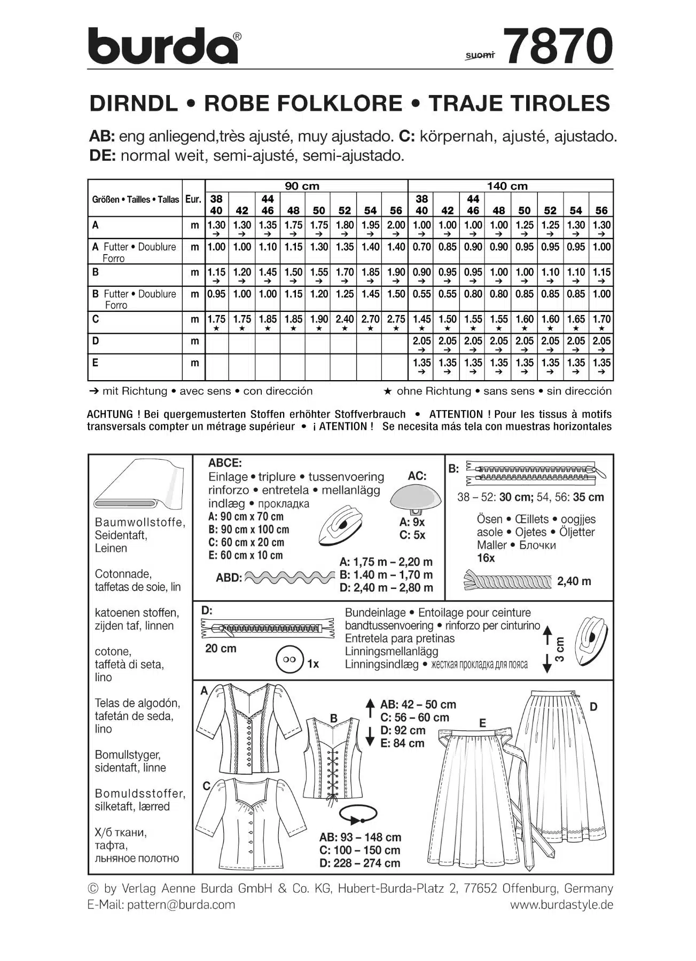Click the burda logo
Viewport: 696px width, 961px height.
click(x=163, y=46)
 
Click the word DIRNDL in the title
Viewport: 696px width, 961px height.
click(x=134, y=103)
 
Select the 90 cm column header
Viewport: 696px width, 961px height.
click(x=302, y=186)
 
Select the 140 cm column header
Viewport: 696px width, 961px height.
click(x=506, y=186)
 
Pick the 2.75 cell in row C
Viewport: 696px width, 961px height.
click(x=396, y=319)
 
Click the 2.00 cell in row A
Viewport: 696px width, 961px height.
click(x=396, y=225)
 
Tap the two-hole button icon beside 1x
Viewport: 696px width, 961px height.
click(x=289, y=660)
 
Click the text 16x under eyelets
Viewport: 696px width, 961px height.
click(x=486, y=558)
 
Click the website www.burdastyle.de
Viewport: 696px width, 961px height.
click(x=561, y=904)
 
